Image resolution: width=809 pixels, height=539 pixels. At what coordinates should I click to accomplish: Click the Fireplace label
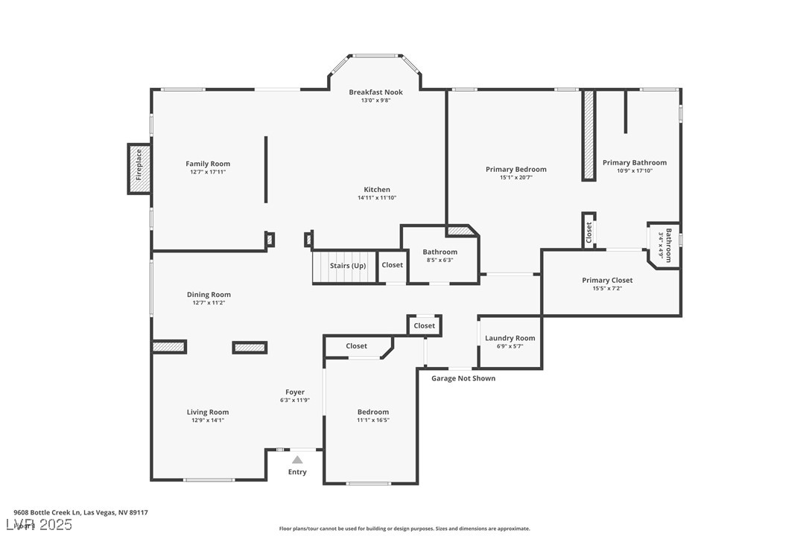pyautogui.click(x=139, y=165)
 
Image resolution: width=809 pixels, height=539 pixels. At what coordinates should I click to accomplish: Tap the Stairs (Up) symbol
pyautogui.click(x=347, y=266)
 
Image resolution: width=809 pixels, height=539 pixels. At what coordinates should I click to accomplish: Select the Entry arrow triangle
pyautogui.click(x=297, y=460)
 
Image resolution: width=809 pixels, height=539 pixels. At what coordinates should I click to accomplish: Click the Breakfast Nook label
pyautogui.click(x=375, y=92)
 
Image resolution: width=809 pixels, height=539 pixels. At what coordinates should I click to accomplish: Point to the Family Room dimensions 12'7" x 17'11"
pyautogui.click(x=208, y=172)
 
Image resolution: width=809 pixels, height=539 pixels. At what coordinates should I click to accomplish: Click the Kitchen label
pyautogui.click(x=377, y=190)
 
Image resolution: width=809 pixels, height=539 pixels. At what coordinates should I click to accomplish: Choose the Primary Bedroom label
pyautogui.click(x=515, y=170)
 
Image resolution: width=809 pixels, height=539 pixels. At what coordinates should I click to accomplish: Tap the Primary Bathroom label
pyautogui.click(x=634, y=163)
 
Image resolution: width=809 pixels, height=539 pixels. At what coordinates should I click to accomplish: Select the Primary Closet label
pyautogui.click(x=607, y=281)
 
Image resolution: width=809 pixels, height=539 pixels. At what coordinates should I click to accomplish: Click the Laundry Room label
pyautogui.click(x=510, y=339)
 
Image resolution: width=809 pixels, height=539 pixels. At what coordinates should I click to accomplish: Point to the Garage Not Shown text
pyautogui.click(x=463, y=378)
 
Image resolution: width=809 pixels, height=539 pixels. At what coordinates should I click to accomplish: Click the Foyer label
pyautogui.click(x=295, y=392)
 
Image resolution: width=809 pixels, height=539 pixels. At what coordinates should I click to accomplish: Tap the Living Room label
pyautogui.click(x=208, y=412)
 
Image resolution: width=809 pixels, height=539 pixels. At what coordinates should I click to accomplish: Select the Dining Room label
pyautogui.click(x=209, y=295)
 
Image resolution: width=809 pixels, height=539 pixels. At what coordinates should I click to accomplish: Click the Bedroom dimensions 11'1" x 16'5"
pyautogui.click(x=372, y=420)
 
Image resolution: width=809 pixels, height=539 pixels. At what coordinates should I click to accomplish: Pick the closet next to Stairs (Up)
pyautogui.click(x=392, y=265)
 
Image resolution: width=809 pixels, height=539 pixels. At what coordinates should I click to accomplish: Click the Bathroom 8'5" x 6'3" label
pyautogui.click(x=440, y=252)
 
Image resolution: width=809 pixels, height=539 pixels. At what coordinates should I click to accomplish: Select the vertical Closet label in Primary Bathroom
pyautogui.click(x=588, y=232)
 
